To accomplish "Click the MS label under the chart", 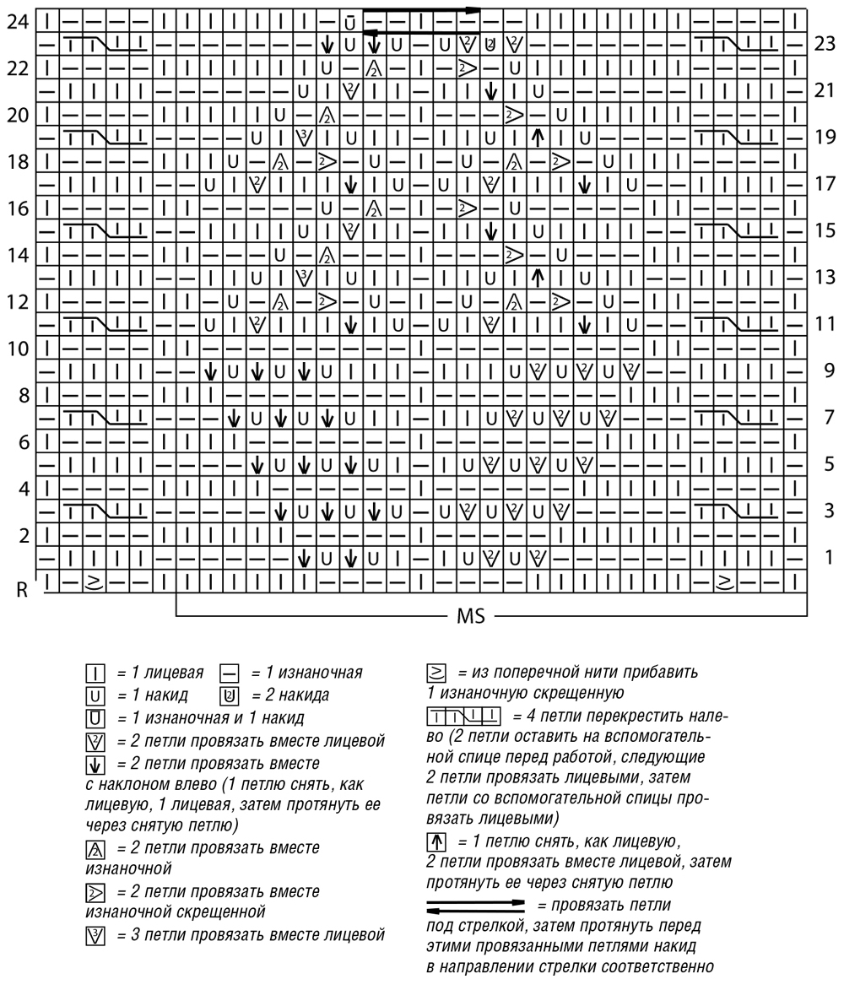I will click(x=470, y=618).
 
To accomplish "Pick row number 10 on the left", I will click(x=17, y=348).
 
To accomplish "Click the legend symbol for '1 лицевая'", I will click(x=95, y=674).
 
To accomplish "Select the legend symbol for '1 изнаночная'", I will click(x=229, y=674).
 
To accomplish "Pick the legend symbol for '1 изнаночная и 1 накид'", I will click(x=95, y=718).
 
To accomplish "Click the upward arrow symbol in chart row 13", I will click(x=536, y=276).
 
